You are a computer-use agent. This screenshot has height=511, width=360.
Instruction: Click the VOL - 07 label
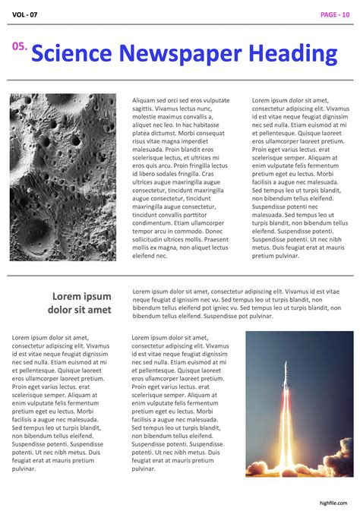[x=24, y=14]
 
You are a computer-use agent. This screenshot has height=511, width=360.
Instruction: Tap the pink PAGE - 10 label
[x=335, y=14]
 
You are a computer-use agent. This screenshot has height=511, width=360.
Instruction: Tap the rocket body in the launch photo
[x=286, y=377]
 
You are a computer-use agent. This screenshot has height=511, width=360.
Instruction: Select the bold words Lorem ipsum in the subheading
[x=81, y=297]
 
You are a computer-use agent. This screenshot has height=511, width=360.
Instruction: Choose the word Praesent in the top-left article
[x=213, y=239]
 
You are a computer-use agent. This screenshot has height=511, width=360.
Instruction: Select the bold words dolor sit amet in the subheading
[x=79, y=310]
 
